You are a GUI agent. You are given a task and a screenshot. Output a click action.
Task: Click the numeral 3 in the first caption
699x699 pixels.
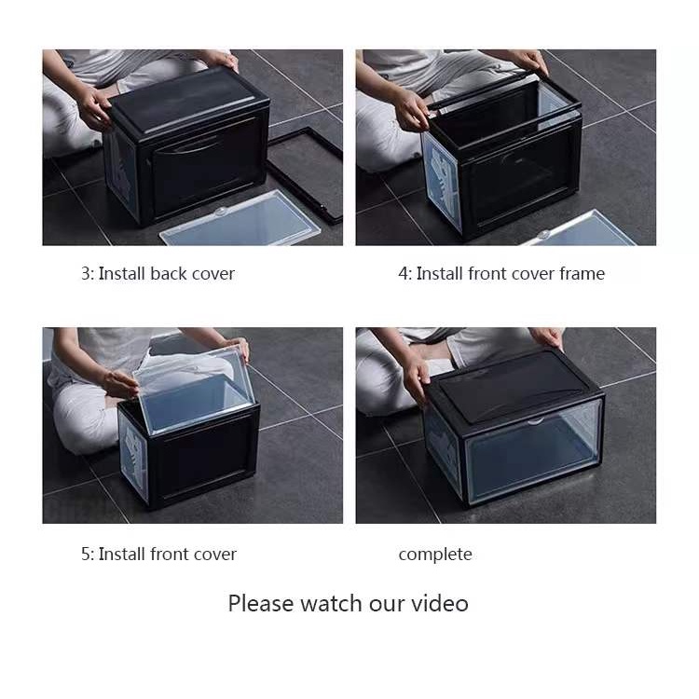pos(86,274)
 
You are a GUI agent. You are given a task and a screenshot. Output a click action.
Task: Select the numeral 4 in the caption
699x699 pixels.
pos(404,274)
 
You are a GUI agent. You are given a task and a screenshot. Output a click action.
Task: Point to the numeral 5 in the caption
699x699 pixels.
pos(86,555)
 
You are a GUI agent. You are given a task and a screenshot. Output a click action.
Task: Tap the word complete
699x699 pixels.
pos(435,555)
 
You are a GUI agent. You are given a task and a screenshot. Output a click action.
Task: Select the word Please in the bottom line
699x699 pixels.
pos(261,604)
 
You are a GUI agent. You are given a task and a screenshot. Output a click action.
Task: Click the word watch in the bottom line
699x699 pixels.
pos(331,604)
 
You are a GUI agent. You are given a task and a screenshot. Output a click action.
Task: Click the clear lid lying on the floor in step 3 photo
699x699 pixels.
pos(240,219)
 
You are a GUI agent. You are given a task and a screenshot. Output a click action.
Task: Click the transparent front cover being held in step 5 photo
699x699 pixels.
pos(196,388)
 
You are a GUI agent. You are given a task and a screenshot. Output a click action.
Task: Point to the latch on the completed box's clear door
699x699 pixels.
pos(535,421)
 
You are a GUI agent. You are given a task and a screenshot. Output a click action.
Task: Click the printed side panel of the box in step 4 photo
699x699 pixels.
pos(442,182)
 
